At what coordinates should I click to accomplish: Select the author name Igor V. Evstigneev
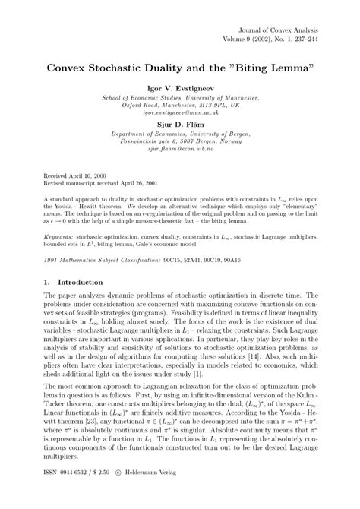point(180,88)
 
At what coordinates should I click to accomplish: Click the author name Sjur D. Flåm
point(180,121)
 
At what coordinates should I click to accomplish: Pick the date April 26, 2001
point(142,182)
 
